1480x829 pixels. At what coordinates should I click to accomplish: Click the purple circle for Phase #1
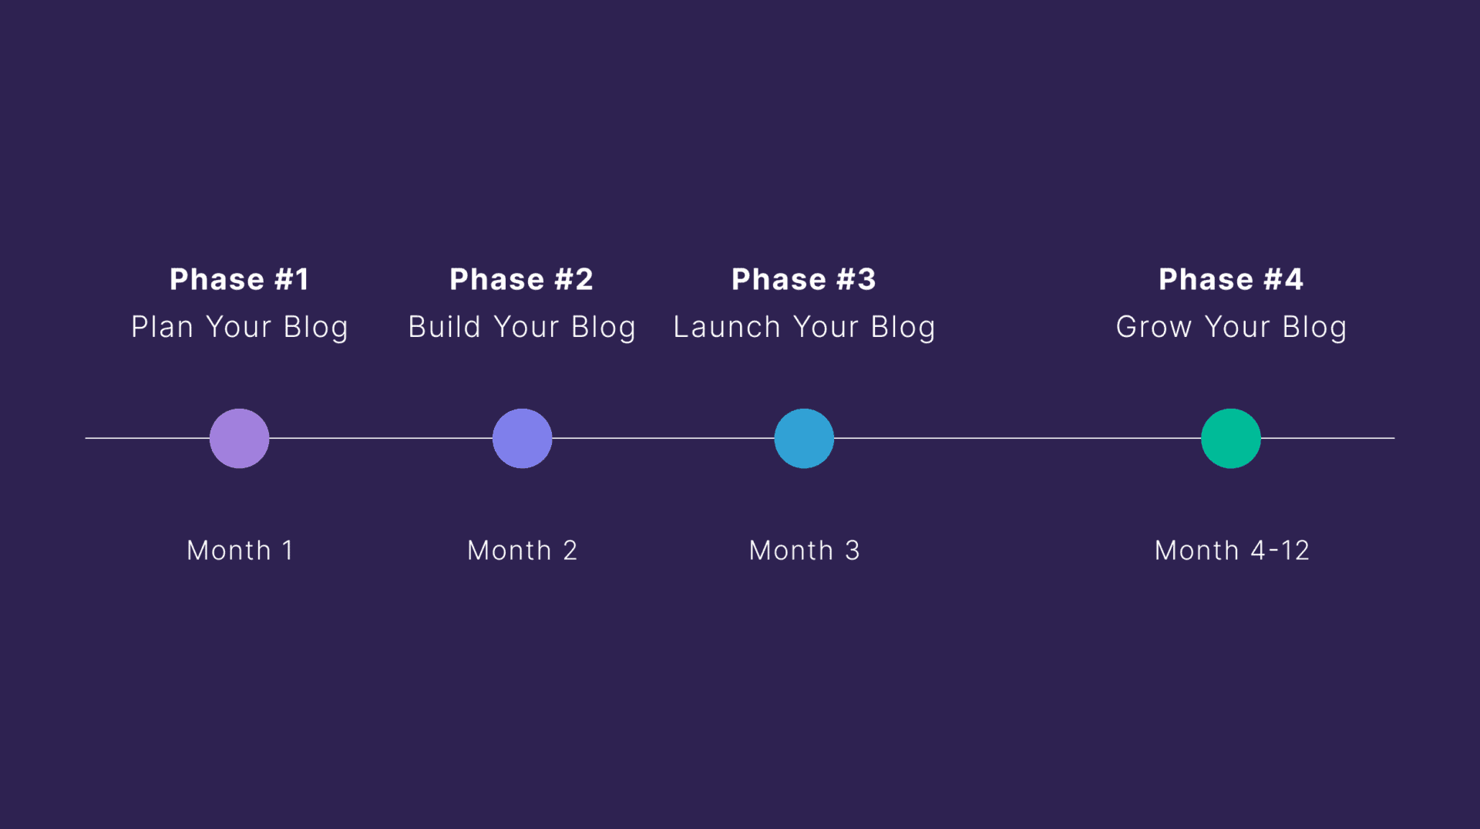click(239, 438)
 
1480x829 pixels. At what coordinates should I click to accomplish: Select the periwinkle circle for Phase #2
click(522, 438)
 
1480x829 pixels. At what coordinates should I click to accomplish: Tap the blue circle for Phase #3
click(804, 438)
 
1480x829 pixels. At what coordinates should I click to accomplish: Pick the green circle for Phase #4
click(1230, 438)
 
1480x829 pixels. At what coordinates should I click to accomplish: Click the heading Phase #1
click(239, 279)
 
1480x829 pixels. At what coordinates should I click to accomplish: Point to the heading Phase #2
click(522, 279)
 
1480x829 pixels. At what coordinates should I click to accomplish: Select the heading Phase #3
click(804, 279)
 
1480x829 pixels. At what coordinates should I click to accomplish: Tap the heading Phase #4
click(1230, 279)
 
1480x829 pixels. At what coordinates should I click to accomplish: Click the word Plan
click(162, 327)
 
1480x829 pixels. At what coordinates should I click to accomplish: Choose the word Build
click(445, 327)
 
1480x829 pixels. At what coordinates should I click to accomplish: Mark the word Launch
click(727, 327)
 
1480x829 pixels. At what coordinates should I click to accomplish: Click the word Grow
click(1154, 327)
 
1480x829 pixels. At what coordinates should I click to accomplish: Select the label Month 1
click(240, 551)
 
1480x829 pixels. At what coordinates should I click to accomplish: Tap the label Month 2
click(522, 551)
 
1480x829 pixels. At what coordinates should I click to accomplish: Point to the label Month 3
click(804, 551)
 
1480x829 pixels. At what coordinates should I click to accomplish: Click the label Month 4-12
click(1231, 551)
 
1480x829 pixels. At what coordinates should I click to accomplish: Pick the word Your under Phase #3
click(826, 327)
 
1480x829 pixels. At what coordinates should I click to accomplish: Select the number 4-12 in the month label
click(1280, 551)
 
